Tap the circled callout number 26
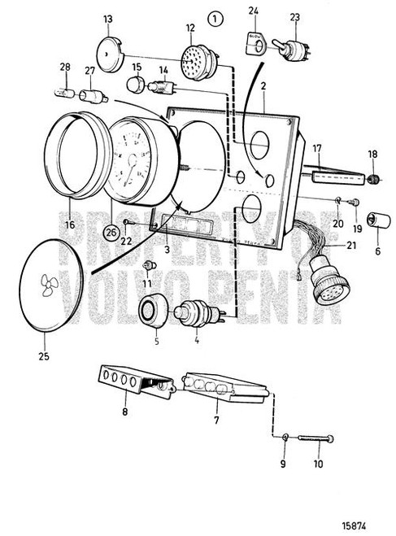tap(111, 232)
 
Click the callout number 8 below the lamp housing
tap(124, 412)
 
